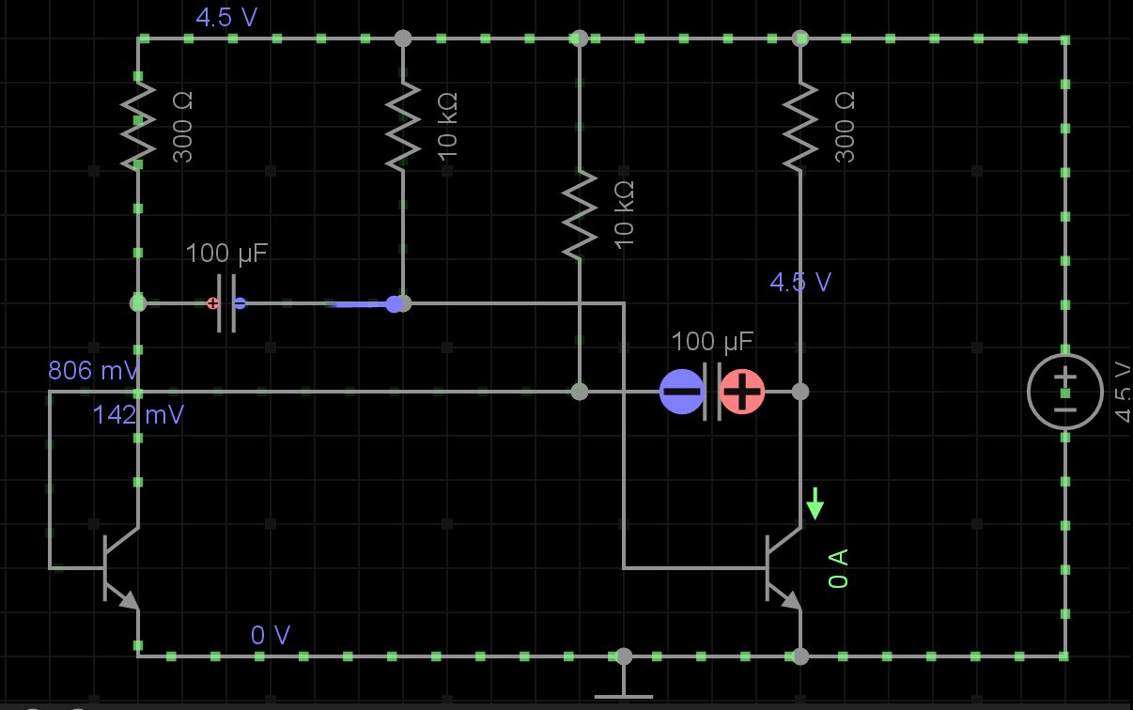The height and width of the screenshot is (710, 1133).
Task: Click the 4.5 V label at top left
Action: tap(225, 17)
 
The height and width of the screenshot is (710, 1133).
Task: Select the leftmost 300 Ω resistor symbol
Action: tap(138, 126)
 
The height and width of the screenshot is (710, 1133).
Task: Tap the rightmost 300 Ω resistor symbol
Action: tap(800, 126)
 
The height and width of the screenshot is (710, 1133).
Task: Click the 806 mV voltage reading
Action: tap(93, 371)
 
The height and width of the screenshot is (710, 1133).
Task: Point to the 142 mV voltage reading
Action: tap(138, 414)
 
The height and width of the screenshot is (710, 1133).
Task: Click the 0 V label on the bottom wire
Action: tap(270, 636)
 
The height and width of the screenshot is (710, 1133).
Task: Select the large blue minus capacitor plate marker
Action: tap(681, 392)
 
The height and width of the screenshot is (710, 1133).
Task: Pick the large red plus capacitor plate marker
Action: tap(742, 392)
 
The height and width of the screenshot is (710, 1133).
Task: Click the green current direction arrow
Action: tap(815, 503)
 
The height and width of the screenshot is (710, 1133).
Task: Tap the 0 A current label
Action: tap(839, 568)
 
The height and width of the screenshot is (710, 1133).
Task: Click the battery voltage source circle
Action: tap(1064, 391)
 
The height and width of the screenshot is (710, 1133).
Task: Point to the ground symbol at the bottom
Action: tap(623, 690)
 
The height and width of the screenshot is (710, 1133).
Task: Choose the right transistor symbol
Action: tap(780, 567)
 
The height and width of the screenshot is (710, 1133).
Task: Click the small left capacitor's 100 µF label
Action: tap(226, 254)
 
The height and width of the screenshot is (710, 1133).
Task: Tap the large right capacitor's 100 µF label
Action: tap(712, 341)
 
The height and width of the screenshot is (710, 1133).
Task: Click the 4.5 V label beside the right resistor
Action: tap(799, 282)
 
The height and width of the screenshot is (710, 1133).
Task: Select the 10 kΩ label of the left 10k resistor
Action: tap(447, 125)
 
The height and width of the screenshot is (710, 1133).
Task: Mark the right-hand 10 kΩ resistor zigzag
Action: tap(580, 214)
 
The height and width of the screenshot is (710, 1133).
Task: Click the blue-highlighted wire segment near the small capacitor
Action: tap(362, 304)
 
